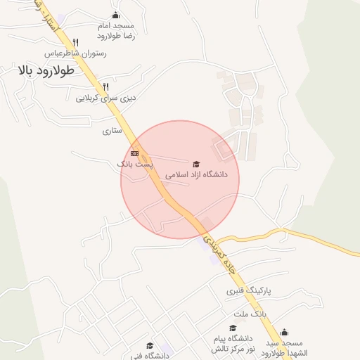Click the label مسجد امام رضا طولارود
point(115,30)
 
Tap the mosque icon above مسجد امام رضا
point(115,15)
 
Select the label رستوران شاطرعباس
point(75,53)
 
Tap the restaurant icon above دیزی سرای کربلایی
point(105,87)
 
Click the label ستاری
point(112,131)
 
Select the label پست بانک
point(134,164)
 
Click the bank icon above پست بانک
point(134,153)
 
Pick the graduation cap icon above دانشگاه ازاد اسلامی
point(196,163)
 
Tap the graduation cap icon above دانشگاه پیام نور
point(232,328)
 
